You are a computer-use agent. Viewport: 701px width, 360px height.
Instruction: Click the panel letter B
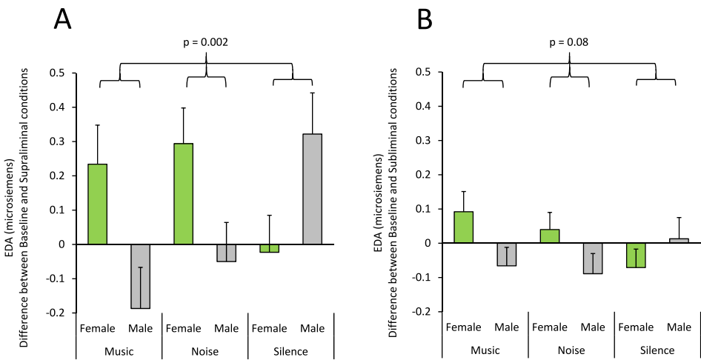[x=425, y=20]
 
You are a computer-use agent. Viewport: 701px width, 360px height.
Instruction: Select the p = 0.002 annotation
[x=205, y=43]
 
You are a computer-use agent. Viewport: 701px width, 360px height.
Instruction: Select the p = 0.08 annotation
[x=570, y=43]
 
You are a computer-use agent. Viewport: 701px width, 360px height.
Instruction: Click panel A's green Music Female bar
[x=97, y=204]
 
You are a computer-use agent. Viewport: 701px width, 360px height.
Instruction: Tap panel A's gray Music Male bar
[x=140, y=276]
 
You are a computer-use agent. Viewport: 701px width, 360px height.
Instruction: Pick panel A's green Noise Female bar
[x=184, y=193]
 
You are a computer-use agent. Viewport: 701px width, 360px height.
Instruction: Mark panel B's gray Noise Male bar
[x=593, y=259]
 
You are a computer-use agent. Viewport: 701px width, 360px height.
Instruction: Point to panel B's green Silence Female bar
[x=636, y=255]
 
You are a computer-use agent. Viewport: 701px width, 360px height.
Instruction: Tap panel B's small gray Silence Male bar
[x=679, y=241]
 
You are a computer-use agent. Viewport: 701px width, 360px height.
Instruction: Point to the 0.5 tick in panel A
[x=57, y=73]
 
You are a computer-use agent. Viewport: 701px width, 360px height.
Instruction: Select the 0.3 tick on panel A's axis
[x=57, y=141]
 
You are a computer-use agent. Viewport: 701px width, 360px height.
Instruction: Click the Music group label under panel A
[x=119, y=351]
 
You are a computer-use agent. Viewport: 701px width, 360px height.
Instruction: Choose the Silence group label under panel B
[x=657, y=350]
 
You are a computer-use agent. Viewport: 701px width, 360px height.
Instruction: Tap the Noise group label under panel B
[x=571, y=350]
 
